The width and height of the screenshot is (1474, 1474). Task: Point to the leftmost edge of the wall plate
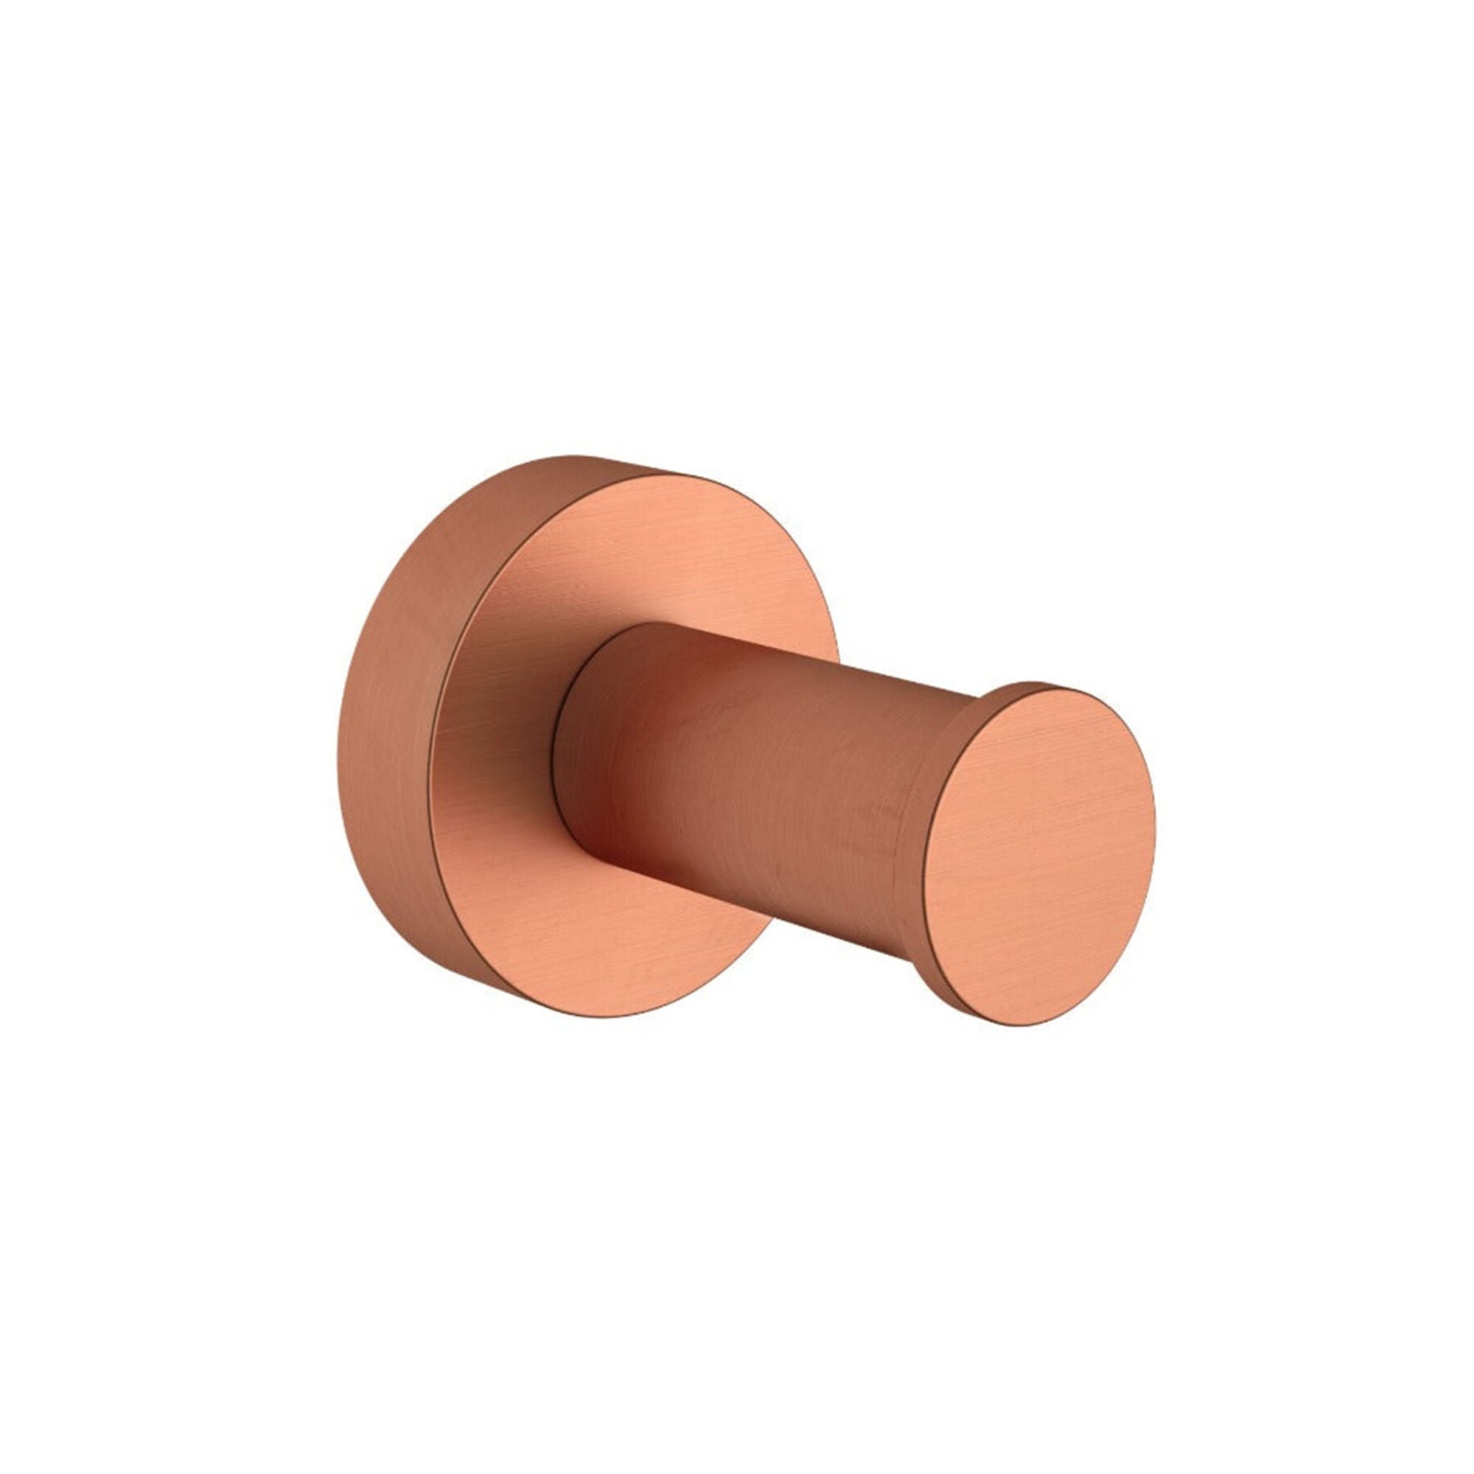click(x=338, y=736)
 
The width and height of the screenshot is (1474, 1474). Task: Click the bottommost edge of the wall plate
click(x=610, y=1017)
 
